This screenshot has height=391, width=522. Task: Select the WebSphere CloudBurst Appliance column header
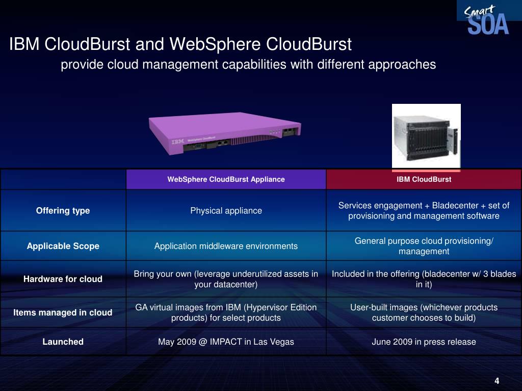pos(226,179)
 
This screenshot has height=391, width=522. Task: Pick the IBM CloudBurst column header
pos(424,179)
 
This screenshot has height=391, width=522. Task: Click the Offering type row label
pos(63,211)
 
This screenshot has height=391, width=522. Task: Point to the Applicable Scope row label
pos(63,246)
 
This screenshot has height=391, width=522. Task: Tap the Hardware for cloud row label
pos(63,279)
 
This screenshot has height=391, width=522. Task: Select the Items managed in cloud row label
pos(63,313)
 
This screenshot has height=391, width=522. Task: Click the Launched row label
pos(63,342)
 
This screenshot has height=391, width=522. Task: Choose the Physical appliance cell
pos(226,211)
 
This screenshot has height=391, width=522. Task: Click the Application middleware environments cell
pos(226,246)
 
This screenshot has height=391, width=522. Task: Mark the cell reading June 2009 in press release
pos(424,342)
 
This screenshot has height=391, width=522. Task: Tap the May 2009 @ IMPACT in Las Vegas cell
pos(226,342)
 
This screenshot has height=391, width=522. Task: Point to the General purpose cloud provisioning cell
pos(424,246)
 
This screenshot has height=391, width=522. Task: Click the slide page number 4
pos(497,382)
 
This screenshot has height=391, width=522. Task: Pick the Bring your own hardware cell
pos(226,279)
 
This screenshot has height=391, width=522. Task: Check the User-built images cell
pos(424,313)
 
